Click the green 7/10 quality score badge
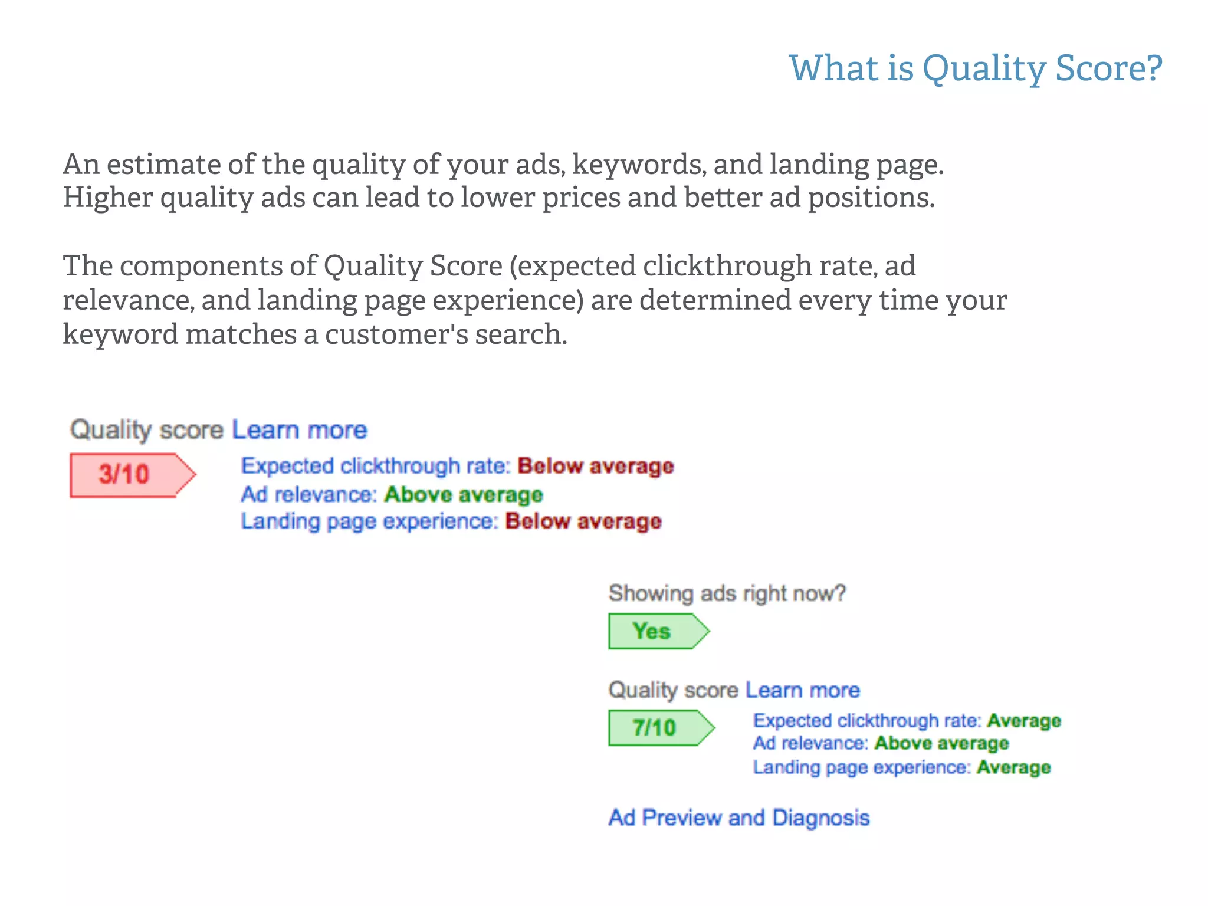pos(655,728)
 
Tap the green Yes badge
pos(652,631)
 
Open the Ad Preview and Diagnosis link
pos(739,818)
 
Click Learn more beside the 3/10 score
pos(299,430)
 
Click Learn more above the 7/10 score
pos(802,690)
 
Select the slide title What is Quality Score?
pos(976,68)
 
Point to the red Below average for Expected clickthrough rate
pos(596,466)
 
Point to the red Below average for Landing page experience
pos(583,521)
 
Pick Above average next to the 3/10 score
pos(463,494)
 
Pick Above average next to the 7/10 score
pos(941,743)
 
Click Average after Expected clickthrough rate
pos(1024,721)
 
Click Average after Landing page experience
pos(1013,767)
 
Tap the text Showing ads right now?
pos(727,593)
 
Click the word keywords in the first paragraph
pos(639,165)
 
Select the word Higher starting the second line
pos(107,198)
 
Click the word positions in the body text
pos(871,198)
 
